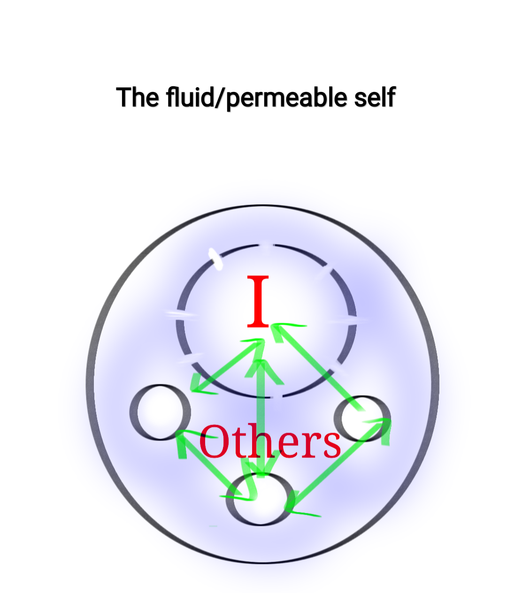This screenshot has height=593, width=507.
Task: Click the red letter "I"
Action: (258, 302)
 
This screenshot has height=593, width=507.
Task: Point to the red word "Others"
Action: (270, 441)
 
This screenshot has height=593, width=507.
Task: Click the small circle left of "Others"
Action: (160, 412)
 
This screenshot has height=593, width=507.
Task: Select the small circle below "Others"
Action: (260, 499)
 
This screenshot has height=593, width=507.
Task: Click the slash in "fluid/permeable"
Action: (220, 97)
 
